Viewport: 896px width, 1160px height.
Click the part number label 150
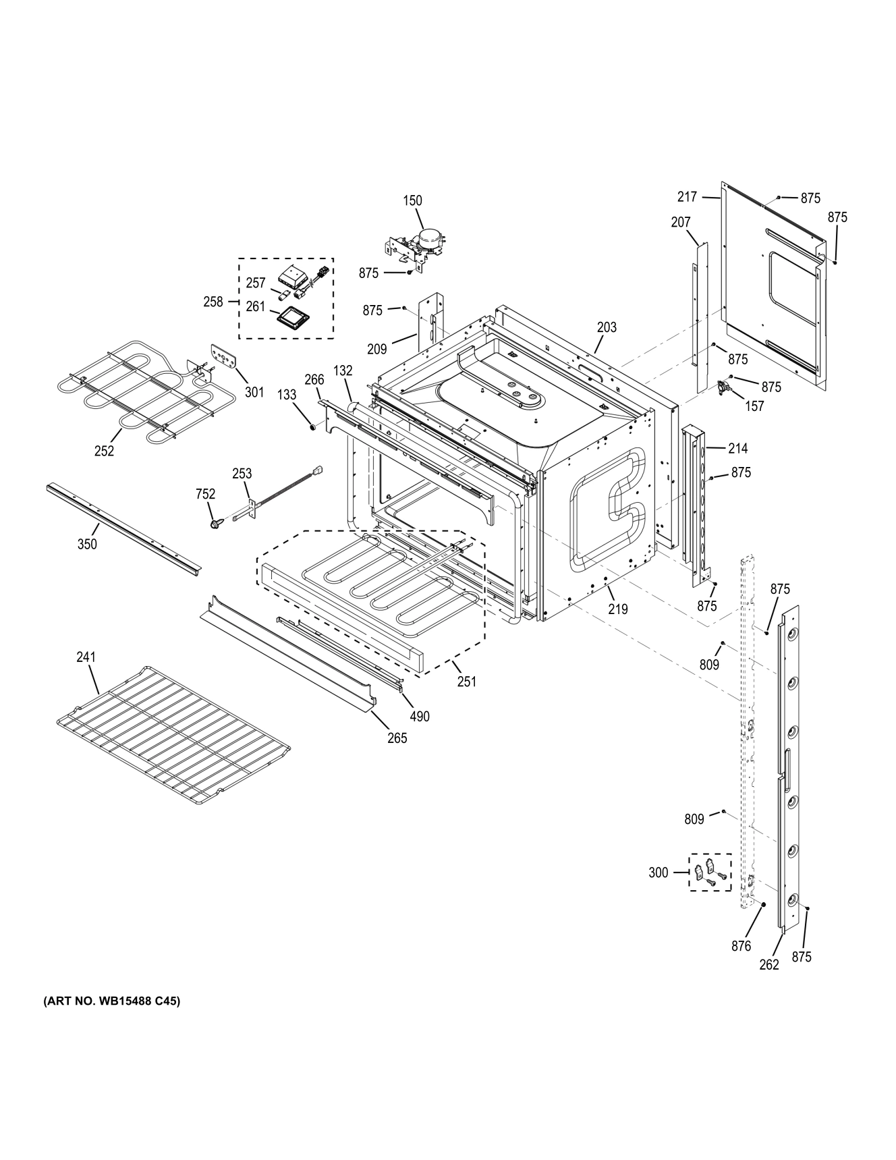412,200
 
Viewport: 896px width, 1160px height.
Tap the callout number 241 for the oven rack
86,657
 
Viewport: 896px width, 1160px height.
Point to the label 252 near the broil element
104,451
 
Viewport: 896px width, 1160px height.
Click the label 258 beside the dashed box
213,302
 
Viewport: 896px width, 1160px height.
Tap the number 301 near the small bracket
254,391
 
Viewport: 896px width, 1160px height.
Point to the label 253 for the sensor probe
242,474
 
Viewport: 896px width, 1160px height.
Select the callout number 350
87,544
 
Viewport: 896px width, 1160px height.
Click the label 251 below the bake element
467,682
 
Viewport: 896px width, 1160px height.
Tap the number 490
420,717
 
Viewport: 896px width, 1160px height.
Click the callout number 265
397,738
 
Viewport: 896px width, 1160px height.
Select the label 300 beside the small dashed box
658,873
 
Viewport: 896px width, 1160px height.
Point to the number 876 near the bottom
741,946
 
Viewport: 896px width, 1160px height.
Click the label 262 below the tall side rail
769,965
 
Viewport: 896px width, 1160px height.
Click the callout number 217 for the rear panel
687,196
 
